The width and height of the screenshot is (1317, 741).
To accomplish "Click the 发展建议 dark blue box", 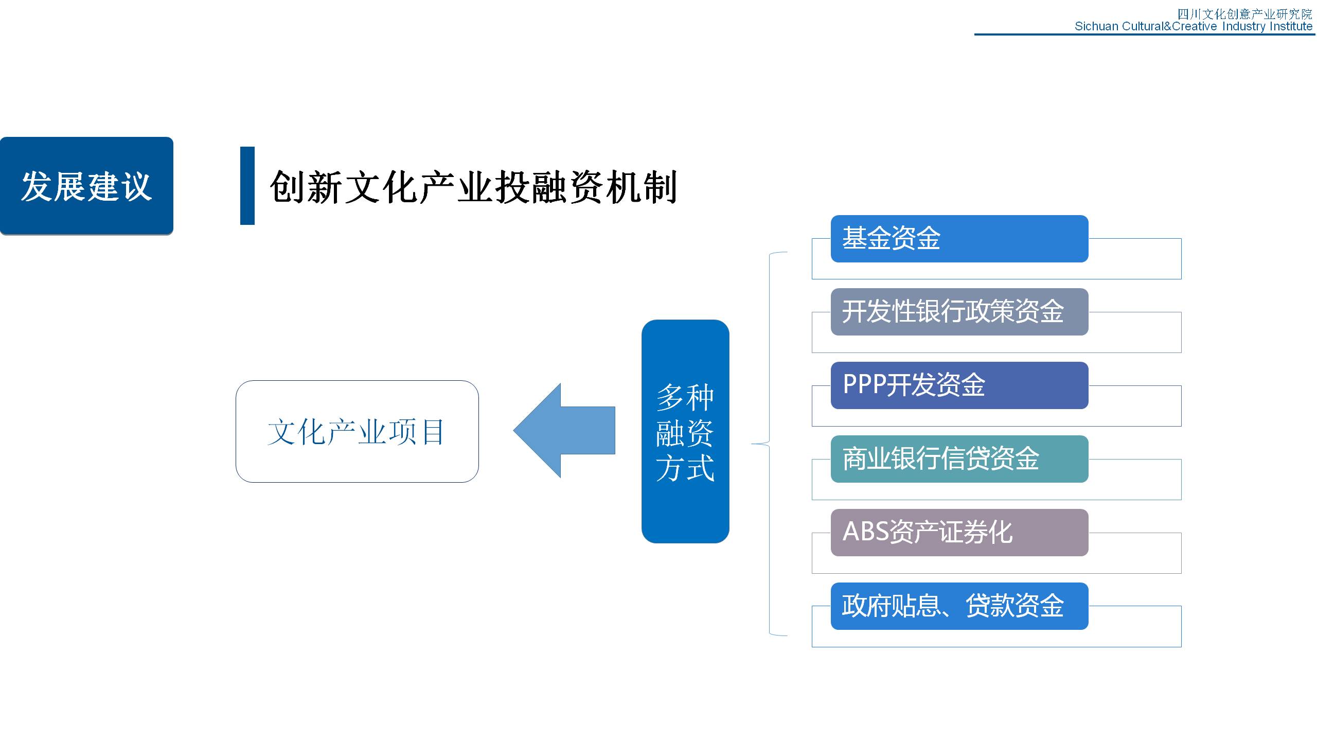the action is coord(86,186).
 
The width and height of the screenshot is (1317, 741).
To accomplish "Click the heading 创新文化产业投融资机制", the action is coord(473,187).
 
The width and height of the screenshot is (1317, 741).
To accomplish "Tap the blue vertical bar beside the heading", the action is coord(247,186).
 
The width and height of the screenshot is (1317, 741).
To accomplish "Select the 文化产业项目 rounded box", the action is coord(357,431).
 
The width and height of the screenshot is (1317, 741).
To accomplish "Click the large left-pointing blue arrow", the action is coord(564,431).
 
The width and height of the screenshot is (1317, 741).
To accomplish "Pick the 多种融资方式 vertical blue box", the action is coord(685,431).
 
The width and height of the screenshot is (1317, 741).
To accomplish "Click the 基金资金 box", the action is coord(959,239).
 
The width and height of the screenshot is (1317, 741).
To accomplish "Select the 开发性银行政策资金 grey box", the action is coord(959,312).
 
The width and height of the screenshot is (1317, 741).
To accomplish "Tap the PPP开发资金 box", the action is coord(959,385).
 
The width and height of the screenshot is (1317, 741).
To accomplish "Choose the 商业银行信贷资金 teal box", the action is coord(959,459).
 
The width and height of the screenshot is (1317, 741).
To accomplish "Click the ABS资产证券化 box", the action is coord(959,533).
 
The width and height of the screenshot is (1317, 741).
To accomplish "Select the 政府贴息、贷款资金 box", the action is coord(959,606).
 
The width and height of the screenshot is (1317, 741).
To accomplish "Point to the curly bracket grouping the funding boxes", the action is coord(769,444).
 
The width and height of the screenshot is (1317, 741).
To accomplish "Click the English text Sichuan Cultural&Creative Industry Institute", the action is coord(1194,26).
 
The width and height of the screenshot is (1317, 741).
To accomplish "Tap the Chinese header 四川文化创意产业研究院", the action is coord(1245,14).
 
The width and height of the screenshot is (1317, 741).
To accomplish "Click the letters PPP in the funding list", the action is coord(865,384).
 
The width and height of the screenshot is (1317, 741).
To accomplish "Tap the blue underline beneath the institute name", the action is coord(1145,34).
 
